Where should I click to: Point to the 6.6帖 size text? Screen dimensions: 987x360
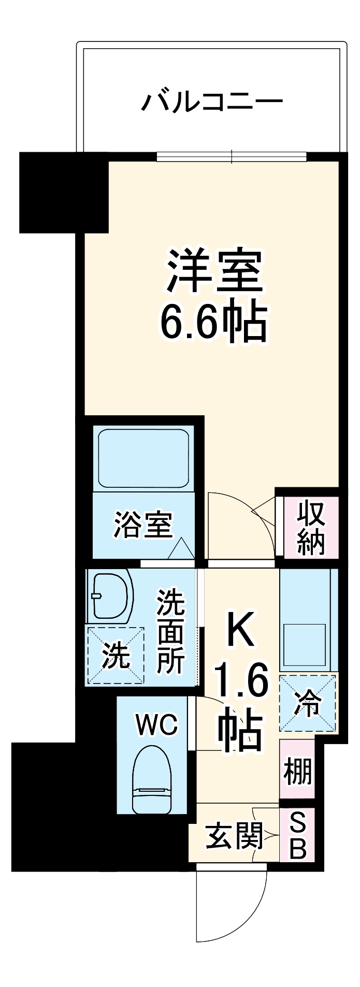[213, 322]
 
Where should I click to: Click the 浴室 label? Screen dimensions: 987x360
[143, 524]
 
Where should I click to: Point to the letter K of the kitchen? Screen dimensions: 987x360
[240, 630]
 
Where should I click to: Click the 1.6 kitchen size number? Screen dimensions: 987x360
[241, 683]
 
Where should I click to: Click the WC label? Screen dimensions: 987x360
[156, 724]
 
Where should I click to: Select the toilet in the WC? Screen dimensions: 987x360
[151, 779]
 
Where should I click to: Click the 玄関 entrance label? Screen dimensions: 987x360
[234, 836]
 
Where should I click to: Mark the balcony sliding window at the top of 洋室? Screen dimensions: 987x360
[232, 156]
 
